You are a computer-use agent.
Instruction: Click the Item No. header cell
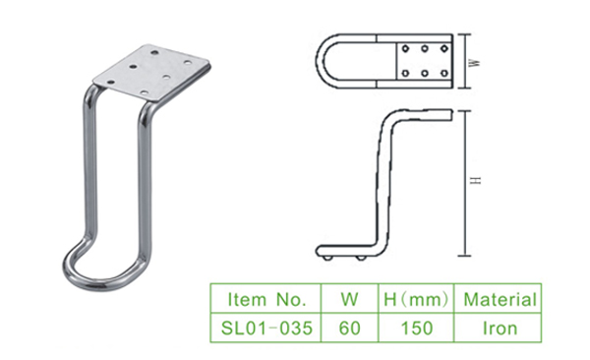pos(266,299)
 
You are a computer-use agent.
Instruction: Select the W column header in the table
pos(349,299)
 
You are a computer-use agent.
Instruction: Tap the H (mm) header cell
pos(416,299)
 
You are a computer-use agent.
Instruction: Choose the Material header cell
pos(500,299)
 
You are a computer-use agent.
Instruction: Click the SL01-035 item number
pos(266,328)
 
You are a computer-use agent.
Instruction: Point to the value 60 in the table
pos(349,328)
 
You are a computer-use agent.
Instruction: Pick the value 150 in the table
pos(417,328)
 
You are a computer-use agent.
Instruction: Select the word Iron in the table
pos(500,328)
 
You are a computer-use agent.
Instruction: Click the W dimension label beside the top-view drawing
pos(476,63)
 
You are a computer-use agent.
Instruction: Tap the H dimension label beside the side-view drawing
pos(476,180)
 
